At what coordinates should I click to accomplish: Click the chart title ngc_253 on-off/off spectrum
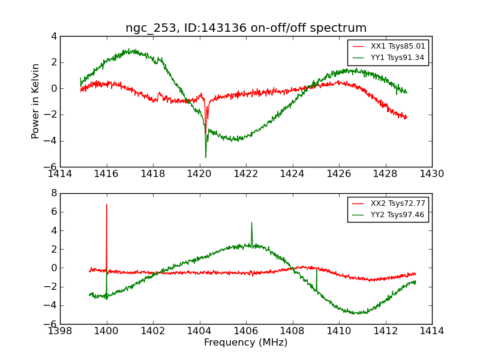pyautogui.click(x=246, y=28)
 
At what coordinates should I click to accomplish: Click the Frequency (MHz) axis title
pyautogui.click(x=246, y=343)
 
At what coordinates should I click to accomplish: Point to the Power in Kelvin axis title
pyautogui.click(x=36, y=101)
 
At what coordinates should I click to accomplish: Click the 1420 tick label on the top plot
pyautogui.click(x=199, y=174)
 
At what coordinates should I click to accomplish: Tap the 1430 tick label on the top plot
pyautogui.click(x=432, y=174)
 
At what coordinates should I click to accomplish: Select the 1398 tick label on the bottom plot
pyautogui.click(x=60, y=331)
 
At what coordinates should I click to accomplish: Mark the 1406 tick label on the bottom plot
pyautogui.click(x=246, y=331)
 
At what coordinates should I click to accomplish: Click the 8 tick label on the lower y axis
pyautogui.click(x=54, y=193)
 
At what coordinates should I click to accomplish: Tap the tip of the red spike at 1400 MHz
pyautogui.click(x=107, y=205)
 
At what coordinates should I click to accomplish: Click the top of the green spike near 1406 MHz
pyautogui.click(x=251, y=223)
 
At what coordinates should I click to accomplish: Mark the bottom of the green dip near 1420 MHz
pyautogui.click(x=206, y=157)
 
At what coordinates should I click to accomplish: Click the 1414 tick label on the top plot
pyautogui.click(x=60, y=174)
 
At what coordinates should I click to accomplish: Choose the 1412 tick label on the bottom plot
pyautogui.click(x=385, y=331)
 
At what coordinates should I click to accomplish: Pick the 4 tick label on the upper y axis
pyautogui.click(x=54, y=36)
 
